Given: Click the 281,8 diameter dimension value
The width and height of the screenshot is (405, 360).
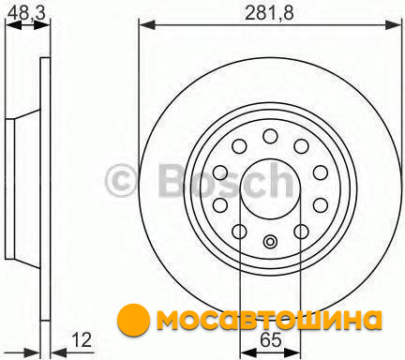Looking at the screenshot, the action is [269, 14].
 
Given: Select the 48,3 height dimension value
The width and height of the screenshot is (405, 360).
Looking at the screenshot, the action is [26, 13].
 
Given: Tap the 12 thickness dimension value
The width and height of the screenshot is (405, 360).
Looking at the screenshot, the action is [82, 339].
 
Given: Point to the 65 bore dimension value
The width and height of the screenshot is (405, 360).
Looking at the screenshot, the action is [271, 339].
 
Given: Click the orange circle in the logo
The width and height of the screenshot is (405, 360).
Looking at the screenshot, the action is [133, 319].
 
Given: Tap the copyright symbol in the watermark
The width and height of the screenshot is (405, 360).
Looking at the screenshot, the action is [122, 181].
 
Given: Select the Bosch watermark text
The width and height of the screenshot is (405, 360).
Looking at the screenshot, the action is [226, 181].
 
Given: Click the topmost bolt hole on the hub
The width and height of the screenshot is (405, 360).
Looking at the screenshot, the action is [270, 136].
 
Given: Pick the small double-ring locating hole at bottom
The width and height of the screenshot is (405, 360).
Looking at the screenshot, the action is [270, 242].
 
